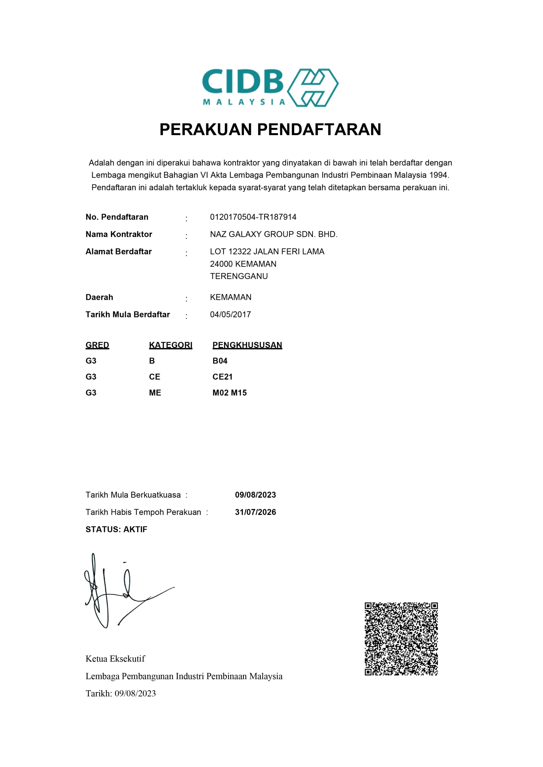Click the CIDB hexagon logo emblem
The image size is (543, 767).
pyautogui.click(x=312, y=87)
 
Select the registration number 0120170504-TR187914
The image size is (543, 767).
pyautogui.click(x=253, y=217)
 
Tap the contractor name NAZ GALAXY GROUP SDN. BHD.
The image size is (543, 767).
pyautogui.click(x=273, y=235)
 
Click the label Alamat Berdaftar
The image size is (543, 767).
pyautogui.click(x=118, y=252)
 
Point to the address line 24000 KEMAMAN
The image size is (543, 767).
pyautogui.click(x=243, y=264)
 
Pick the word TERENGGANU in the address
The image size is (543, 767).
pyautogui.click(x=239, y=276)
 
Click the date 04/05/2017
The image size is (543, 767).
pyautogui.click(x=230, y=315)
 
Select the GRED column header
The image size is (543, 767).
pyautogui.click(x=97, y=345)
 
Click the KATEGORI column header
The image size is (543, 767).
pyautogui.click(x=171, y=345)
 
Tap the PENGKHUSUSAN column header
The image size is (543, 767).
pyautogui.click(x=247, y=345)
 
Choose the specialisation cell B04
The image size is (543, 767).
pyautogui.click(x=220, y=361)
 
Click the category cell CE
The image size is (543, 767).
pyautogui.click(x=154, y=377)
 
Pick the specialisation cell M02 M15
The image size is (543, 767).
pyautogui.click(x=229, y=393)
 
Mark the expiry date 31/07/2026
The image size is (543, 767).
pyautogui.click(x=255, y=512)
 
